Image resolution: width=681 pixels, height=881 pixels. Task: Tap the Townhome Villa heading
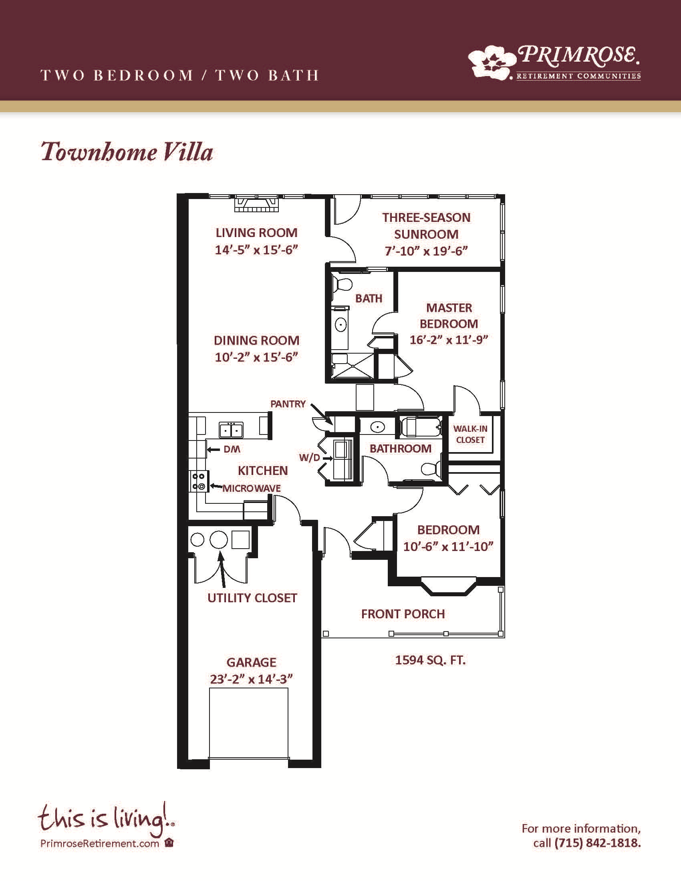coord(127,152)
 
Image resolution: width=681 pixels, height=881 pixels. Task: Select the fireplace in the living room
coord(257,204)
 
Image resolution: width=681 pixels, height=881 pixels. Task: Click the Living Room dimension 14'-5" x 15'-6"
coord(256,250)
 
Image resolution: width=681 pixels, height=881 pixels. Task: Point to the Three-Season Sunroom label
coord(427,226)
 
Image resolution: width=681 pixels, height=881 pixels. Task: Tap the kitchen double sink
coord(231,430)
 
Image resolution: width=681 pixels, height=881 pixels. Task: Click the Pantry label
coord(288,404)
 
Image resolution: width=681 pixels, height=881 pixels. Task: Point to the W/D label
coord(309,457)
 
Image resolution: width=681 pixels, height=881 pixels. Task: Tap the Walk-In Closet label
coord(470,434)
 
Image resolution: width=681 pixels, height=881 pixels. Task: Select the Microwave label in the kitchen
coord(252,489)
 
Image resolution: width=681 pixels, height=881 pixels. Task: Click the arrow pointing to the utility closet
coord(222,569)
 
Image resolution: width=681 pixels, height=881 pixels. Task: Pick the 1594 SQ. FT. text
coord(431,660)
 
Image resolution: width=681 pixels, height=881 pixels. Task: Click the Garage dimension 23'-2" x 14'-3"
coord(251,679)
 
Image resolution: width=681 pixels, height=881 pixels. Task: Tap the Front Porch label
coord(403,614)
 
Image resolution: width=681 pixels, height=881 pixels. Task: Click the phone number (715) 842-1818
coord(598,843)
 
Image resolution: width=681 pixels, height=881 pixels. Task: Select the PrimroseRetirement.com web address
coord(100,843)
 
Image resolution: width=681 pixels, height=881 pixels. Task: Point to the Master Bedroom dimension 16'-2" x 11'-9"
coord(449,340)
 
